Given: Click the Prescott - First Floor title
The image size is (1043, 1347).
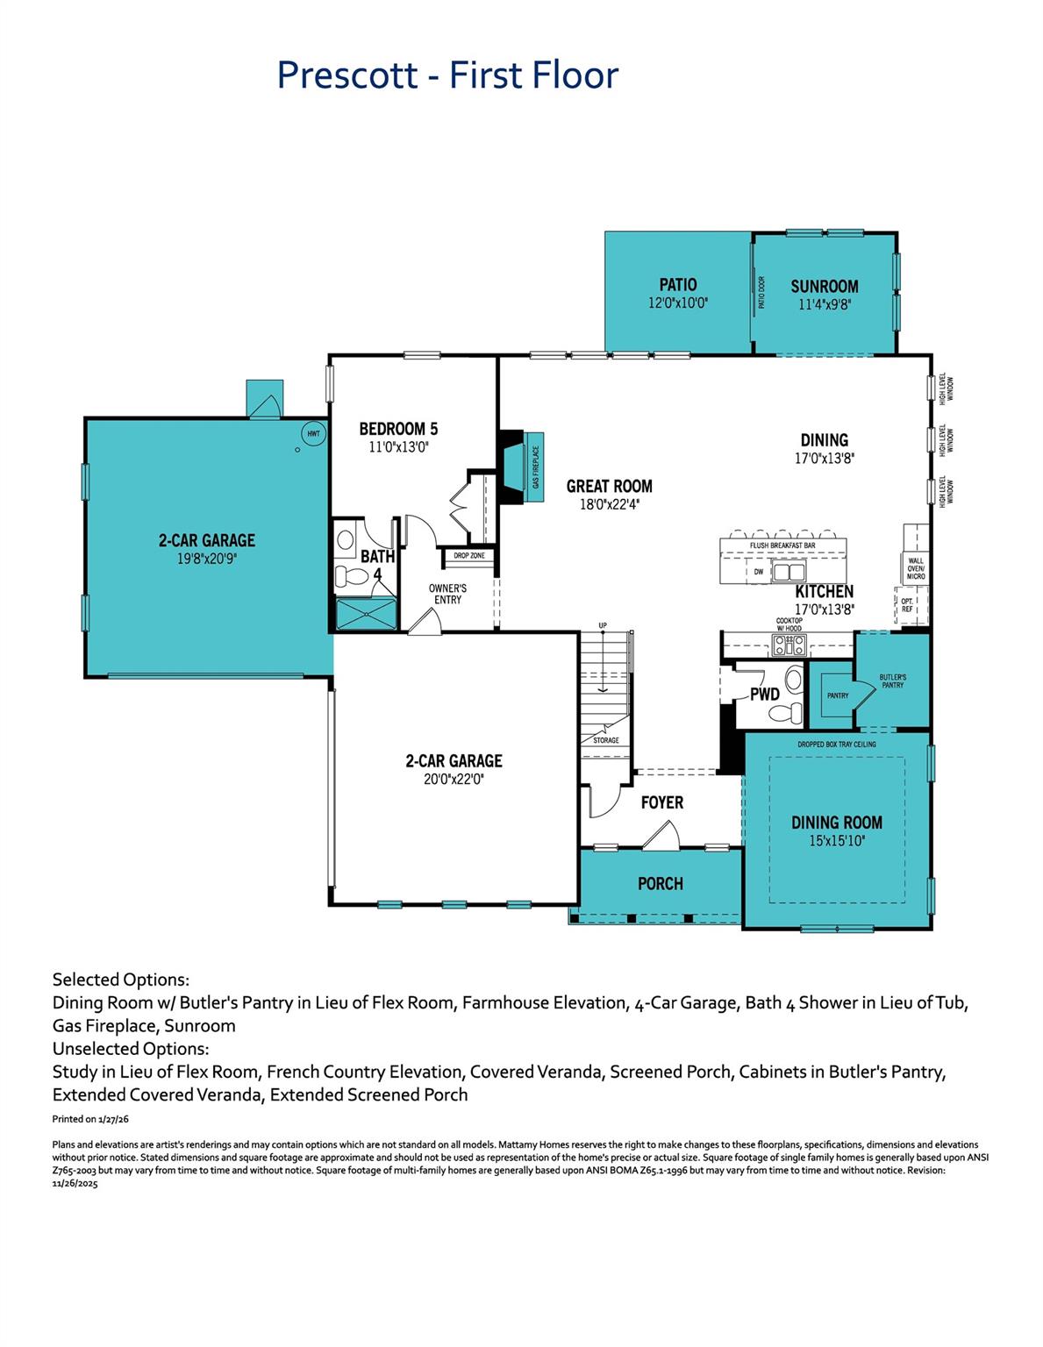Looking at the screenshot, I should [447, 75].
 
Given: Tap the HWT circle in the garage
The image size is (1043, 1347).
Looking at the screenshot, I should [312, 432].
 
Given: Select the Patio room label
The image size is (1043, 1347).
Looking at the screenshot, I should [678, 285].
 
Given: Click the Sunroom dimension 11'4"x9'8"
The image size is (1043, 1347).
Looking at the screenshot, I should [825, 304].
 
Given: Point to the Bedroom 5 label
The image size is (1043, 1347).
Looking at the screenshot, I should [398, 429].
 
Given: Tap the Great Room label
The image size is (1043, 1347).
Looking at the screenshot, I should [609, 487].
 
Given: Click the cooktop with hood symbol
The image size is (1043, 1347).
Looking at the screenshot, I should [789, 645].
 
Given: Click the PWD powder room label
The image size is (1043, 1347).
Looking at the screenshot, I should [765, 695].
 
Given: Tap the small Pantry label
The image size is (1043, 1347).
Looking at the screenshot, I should [838, 695].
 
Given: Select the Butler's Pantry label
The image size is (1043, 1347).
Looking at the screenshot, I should [892, 681].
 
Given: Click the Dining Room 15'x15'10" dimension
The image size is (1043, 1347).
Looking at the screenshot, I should [837, 840].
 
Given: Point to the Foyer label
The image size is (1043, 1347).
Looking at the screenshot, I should [662, 802].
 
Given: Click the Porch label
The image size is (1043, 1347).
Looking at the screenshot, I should [661, 883].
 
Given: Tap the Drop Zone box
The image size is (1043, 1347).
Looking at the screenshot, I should [469, 556].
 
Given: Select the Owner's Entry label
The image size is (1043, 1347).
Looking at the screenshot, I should [447, 594].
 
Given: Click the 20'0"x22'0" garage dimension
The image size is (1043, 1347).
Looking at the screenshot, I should [454, 778].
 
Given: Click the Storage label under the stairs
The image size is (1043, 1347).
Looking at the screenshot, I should [605, 740].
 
